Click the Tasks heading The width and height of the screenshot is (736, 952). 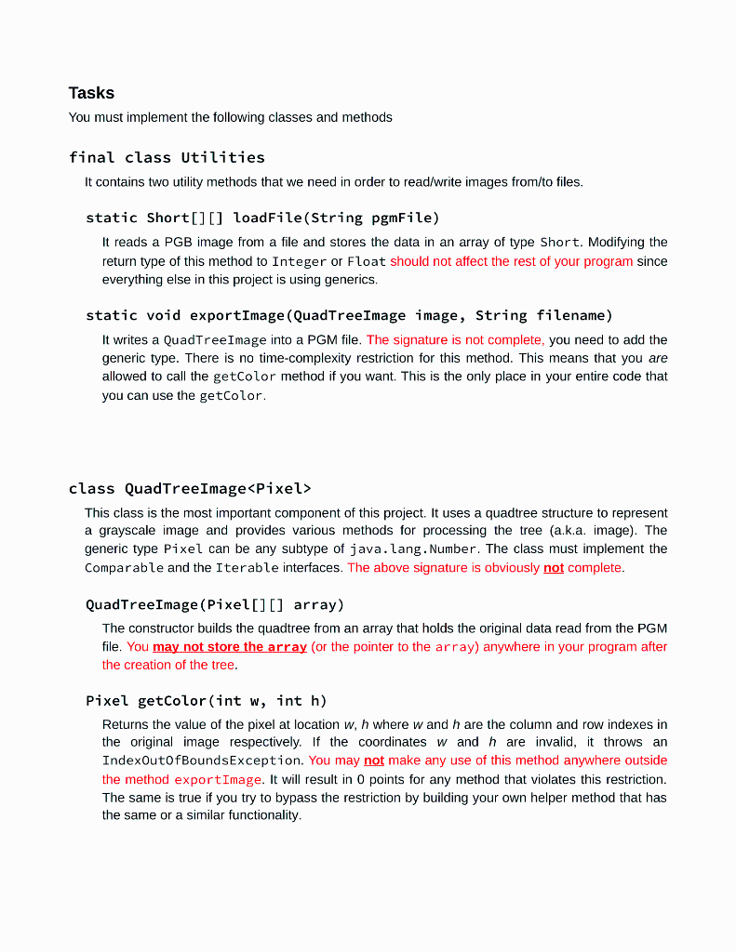click(x=91, y=93)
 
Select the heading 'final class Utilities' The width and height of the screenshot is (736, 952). click(x=167, y=157)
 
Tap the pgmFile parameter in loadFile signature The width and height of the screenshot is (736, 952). click(x=402, y=218)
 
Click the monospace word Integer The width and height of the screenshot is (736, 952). click(x=300, y=261)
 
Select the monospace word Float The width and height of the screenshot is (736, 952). click(x=367, y=261)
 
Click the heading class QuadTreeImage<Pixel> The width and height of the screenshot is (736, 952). click(x=190, y=488)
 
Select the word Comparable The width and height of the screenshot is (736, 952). click(x=124, y=567)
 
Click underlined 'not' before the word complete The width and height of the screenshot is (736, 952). click(x=554, y=567)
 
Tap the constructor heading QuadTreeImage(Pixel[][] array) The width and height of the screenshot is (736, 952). click(x=215, y=604)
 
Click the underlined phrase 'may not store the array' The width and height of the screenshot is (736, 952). click(x=230, y=646)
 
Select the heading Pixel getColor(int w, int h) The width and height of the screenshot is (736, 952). click(x=206, y=701)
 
